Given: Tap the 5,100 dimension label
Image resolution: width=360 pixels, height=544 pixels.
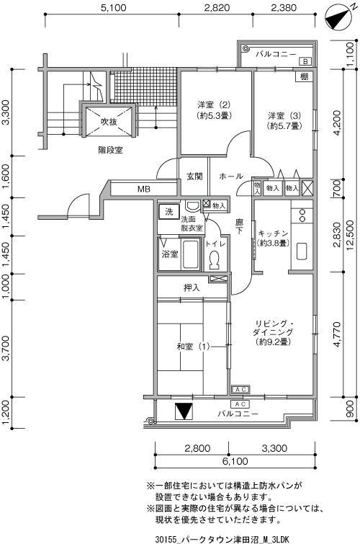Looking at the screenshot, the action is point(114,8).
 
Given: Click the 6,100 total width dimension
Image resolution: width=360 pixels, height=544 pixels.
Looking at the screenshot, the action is point(235,461).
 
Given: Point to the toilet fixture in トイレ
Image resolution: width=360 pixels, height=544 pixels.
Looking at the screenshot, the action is point(214,259).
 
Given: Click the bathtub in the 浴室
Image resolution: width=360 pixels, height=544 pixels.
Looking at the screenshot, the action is point(189,254).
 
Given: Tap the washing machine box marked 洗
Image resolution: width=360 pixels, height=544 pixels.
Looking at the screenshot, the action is point(169,212).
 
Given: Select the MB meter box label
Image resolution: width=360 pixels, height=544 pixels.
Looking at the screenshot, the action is point(143,189).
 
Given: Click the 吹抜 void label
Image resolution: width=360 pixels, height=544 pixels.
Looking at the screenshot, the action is point(109,122).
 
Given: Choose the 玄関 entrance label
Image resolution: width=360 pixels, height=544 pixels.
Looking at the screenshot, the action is point(194,177).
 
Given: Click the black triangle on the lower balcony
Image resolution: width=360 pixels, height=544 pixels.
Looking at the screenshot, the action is point(184,412).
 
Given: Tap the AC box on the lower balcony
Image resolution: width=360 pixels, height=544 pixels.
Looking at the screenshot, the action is point(240,404).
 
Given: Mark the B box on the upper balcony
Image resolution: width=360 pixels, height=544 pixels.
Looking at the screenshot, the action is point(305,62).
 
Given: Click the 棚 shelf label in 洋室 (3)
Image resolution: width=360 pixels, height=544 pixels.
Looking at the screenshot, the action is point(304,76).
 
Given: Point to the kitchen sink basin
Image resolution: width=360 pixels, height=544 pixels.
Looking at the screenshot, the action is point(302,251).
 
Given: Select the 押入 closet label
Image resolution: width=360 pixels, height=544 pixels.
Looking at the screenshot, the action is point(192,287).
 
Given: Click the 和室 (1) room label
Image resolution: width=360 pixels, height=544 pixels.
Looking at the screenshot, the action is point(193,347).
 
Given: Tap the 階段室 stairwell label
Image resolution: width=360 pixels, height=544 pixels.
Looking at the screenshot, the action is point(110,150).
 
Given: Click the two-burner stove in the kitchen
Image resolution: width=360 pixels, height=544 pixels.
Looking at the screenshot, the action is point(302,215).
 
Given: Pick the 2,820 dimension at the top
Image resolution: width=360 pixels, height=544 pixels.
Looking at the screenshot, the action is point(217,8).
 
